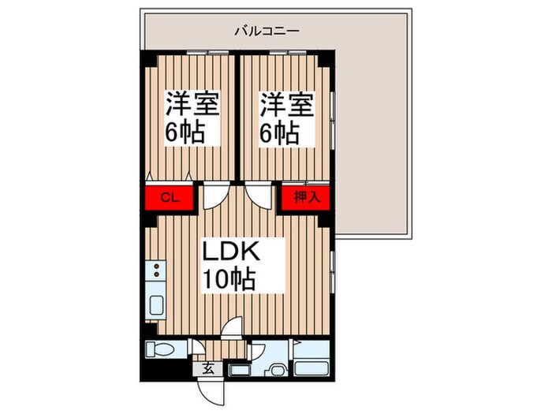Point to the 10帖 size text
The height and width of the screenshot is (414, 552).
tap(230, 278)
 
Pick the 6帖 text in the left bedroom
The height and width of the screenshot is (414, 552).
tap(185, 132)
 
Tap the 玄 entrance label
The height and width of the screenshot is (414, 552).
tap(207, 367)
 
